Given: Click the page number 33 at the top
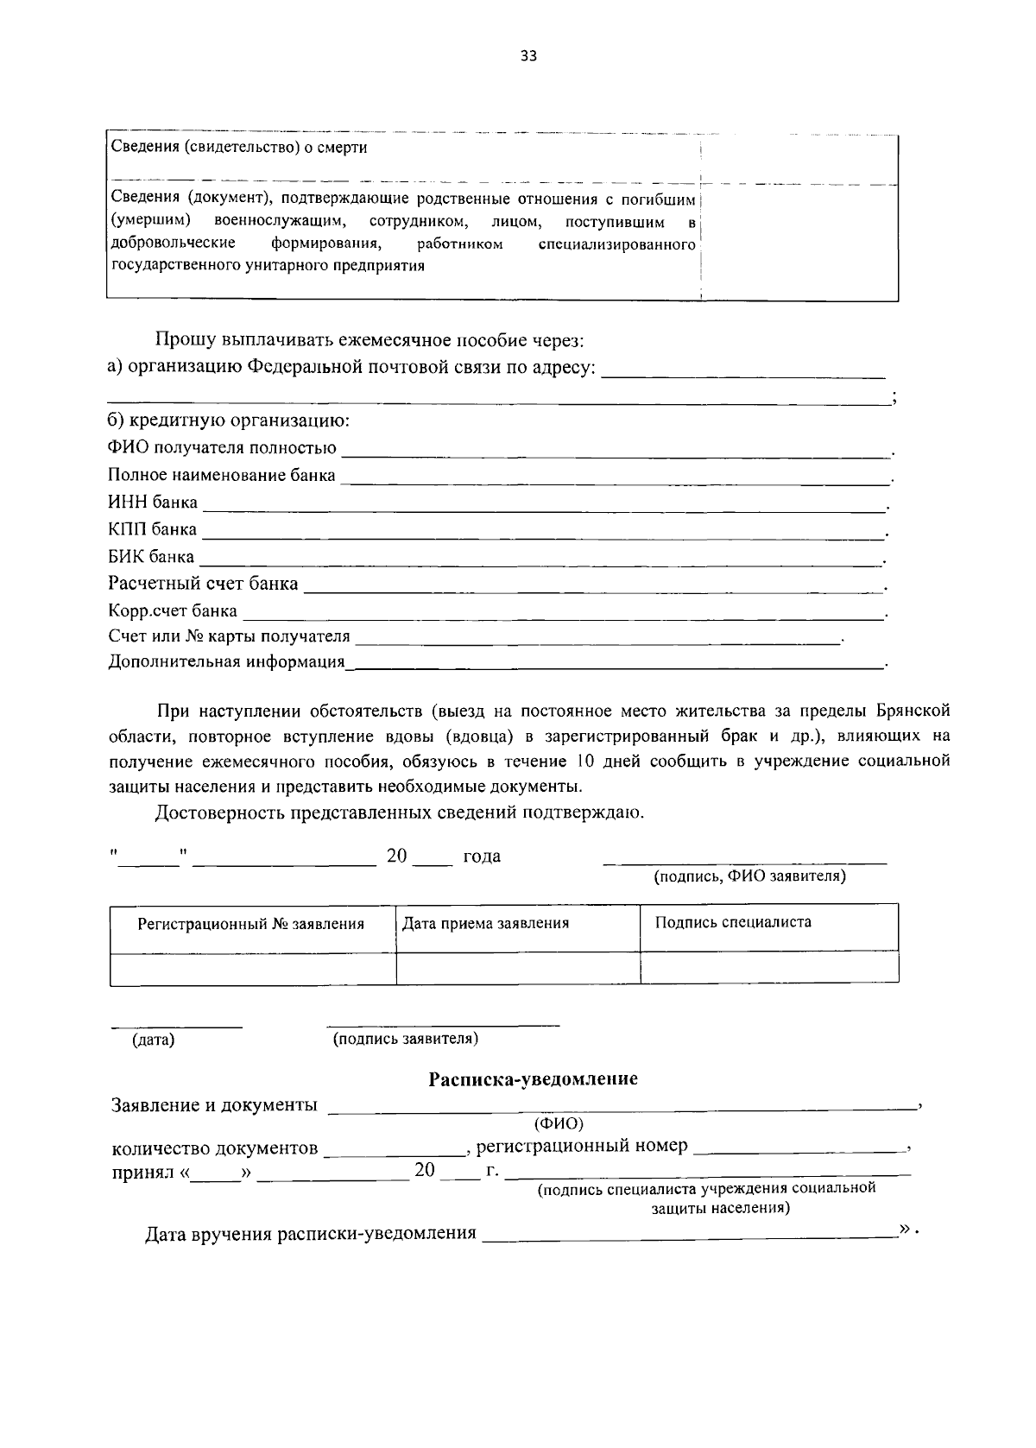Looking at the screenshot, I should tap(528, 56).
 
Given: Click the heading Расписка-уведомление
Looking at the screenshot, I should tap(533, 1078).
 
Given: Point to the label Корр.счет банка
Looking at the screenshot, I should tap(173, 610).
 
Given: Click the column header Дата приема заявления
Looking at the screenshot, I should tap(486, 923).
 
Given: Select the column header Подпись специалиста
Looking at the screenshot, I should tap(733, 921).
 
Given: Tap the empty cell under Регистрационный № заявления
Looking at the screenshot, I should tap(253, 968).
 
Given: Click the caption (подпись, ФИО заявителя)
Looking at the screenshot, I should tap(749, 876).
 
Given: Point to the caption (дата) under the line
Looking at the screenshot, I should tap(153, 1040).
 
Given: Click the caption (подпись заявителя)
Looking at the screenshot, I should tap(406, 1039).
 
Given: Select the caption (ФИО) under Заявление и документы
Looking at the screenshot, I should tap(559, 1123).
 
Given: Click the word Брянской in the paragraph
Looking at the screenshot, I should tap(913, 711).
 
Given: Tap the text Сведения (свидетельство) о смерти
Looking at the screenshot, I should tap(239, 148).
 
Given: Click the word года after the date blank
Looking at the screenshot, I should tap(482, 857).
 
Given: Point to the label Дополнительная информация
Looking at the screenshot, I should tap(226, 663).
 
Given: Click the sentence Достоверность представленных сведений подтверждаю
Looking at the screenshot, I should tap(400, 813).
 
